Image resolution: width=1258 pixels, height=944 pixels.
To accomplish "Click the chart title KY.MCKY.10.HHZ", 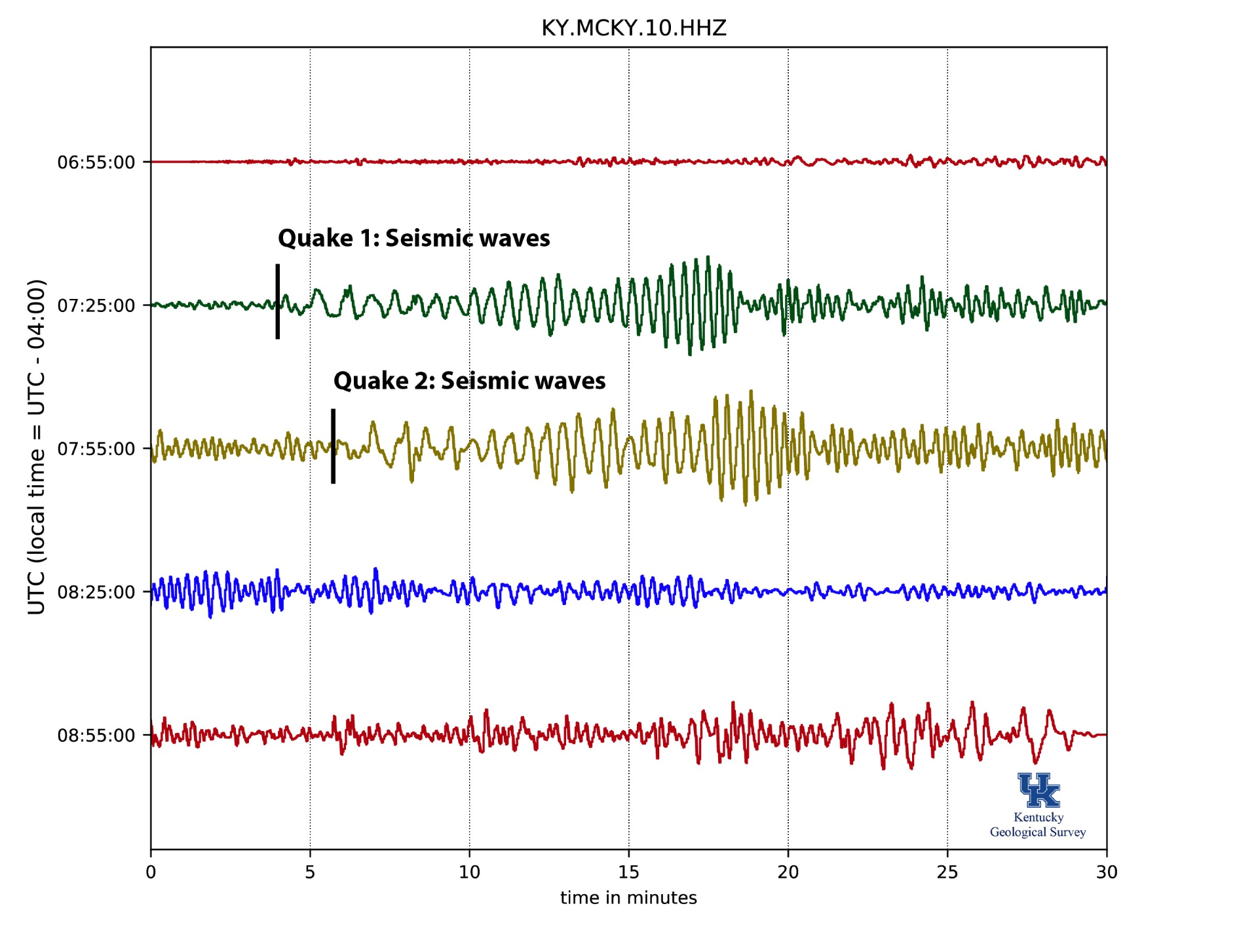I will pyautogui.click(x=634, y=28).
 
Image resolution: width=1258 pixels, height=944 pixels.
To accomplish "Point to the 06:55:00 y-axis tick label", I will pyautogui.click(x=96, y=163).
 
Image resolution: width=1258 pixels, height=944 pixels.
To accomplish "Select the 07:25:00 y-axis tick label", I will pyautogui.click(x=96, y=305).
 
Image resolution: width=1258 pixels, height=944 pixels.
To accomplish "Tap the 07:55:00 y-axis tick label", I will pyautogui.click(x=96, y=449).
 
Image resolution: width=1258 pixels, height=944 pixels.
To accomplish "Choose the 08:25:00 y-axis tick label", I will pyautogui.click(x=96, y=593).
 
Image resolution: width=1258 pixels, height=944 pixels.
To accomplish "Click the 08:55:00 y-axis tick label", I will pyautogui.click(x=96, y=736).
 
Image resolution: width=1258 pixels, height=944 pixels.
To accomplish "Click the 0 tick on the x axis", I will pyautogui.click(x=151, y=872).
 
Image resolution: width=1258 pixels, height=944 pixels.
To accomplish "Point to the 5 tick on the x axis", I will pyautogui.click(x=310, y=872).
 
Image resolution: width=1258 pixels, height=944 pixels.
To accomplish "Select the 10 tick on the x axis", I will pyautogui.click(x=469, y=872).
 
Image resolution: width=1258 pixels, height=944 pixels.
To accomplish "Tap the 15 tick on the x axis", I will pyautogui.click(x=628, y=872).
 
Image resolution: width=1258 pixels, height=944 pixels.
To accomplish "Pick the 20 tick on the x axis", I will pyautogui.click(x=788, y=872).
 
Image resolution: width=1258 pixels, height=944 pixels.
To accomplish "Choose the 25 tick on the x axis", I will pyautogui.click(x=947, y=872).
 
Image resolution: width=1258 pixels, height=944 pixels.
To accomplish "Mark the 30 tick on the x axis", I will pyautogui.click(x=1107, y=872).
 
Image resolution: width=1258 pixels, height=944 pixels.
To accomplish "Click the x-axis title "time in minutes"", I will pyautogui.click(x=628, y=897).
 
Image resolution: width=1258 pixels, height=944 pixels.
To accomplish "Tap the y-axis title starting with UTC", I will pyautogui.click(x=37, y=447).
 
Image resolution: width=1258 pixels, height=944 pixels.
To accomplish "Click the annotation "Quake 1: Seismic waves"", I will pyautogui.click(x=413, y=238).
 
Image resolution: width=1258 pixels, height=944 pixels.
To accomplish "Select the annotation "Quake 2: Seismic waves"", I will pyautogui.click(x=469, y=381).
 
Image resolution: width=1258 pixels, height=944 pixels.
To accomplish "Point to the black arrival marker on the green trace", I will pyautogui.click(x=278, y=302).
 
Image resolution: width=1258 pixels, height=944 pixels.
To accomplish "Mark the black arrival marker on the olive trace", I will pyautogui.click(x=334, y=446).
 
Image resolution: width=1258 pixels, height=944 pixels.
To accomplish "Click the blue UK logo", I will pyautogui.click(x=1039, y=790).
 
